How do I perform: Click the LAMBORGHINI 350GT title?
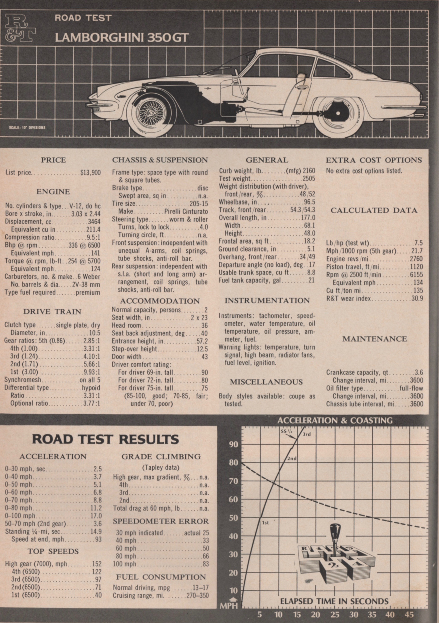[122, 38]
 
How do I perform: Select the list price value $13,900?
[90, 173]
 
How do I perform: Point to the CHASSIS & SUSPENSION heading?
[160, 160]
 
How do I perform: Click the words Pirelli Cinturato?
[186, 211]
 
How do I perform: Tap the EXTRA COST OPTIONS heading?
[374, 160]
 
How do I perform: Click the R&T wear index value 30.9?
[417, 299]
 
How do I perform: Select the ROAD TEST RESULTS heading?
[105, 439]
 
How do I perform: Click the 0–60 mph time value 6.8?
[97, 492]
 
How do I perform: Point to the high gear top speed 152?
[97, 564]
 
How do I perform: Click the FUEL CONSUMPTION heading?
[161, 577]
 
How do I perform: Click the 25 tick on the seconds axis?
[335, 614]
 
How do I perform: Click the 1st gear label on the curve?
[265, 523]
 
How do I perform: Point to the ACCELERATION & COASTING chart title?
[335, 421]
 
